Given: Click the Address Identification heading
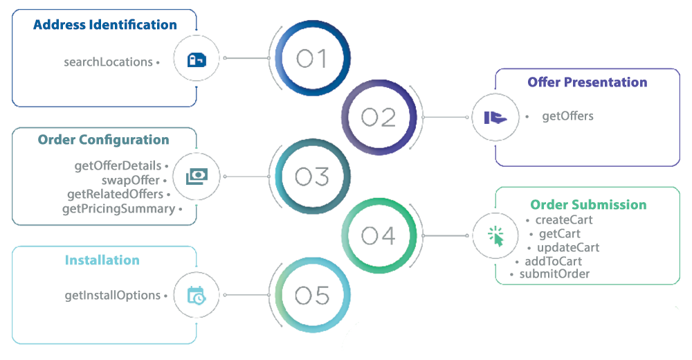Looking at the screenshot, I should (105, 25).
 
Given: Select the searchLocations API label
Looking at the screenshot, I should (108, 62).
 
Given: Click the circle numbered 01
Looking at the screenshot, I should (311, 59).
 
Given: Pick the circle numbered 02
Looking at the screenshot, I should (379, 117).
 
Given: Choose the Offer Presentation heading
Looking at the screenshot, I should (588, 82).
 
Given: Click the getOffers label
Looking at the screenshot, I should (567, 116).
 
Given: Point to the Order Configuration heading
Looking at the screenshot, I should (104, 140).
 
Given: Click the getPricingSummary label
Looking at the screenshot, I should (118, 208).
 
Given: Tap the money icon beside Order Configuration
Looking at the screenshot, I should (197, 177).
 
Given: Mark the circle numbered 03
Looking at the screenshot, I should (311, 177).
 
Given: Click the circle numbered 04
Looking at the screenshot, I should (379, 235).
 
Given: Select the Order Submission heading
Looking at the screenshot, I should (588, 205).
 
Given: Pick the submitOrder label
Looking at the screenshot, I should (554, 274).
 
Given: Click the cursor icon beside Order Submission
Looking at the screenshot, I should (495, 236).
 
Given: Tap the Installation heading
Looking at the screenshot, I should (102, 260).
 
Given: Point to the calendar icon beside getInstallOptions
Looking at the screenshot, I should (197, 296).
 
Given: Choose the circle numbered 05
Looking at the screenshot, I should (311, 296).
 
